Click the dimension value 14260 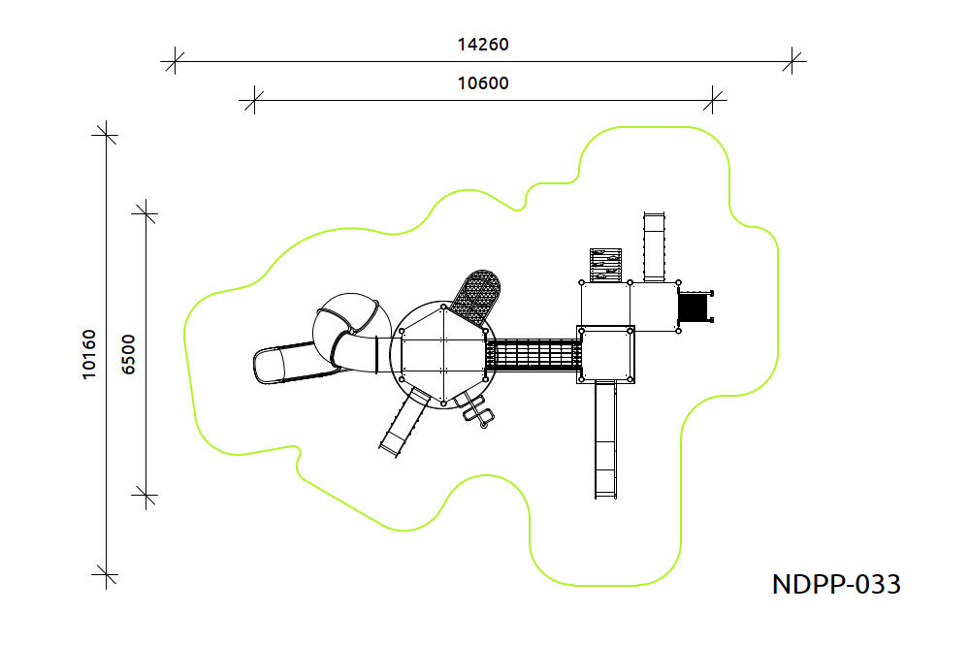(483, 45)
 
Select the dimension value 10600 (483, 82)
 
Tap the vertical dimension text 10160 (89, 355)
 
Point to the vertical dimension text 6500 (128, 355)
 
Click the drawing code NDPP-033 (836, 584)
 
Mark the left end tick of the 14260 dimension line (175, 61)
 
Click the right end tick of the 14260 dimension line (792, 61)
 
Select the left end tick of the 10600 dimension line (254, 100)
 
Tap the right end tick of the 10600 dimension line (713, 100)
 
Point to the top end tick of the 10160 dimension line (106, 134)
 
